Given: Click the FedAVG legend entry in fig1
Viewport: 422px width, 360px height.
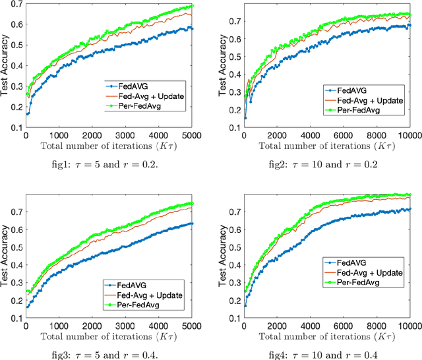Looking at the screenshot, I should click(135, 86).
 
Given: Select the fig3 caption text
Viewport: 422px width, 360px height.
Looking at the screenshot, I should click(109, 351).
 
